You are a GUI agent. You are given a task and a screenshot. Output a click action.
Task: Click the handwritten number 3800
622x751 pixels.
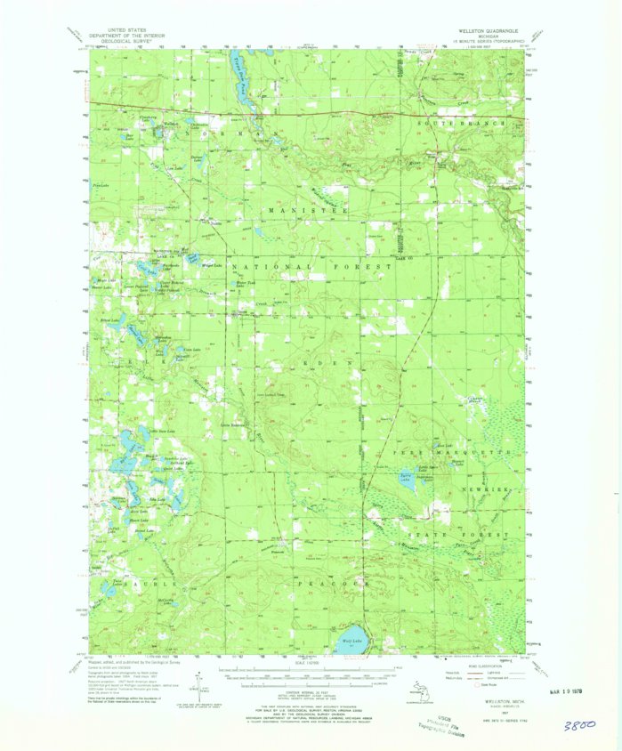point(580,725)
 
